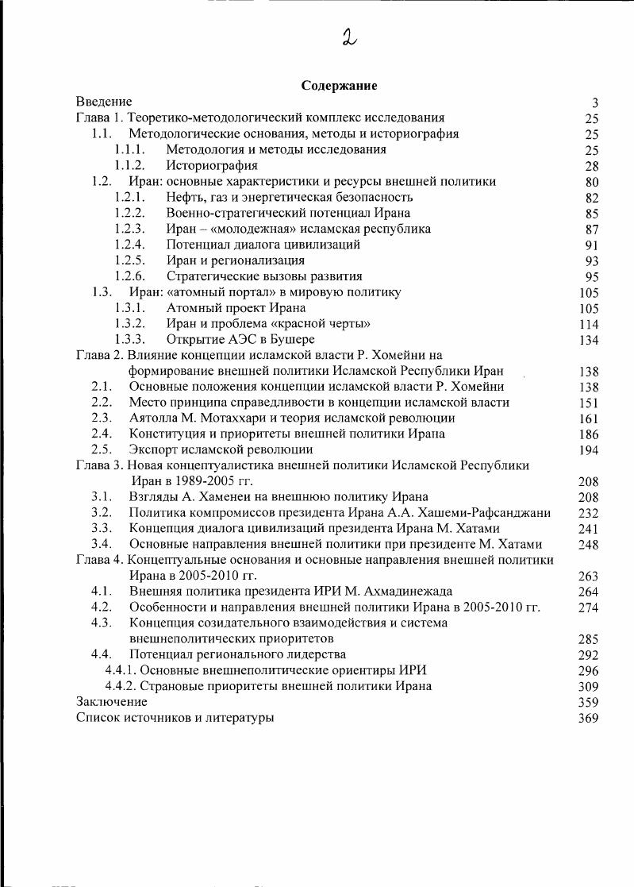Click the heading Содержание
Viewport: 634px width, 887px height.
339,86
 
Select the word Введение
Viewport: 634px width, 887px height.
104,102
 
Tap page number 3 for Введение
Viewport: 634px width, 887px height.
594,102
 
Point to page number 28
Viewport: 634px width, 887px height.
591,166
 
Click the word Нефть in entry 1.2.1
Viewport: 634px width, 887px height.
184,197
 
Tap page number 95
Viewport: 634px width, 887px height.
591,276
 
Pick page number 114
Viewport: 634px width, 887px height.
589,324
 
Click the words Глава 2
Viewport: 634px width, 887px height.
98,355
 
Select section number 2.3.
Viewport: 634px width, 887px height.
101,418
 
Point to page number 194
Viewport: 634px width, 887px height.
589,449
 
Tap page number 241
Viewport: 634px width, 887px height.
589,529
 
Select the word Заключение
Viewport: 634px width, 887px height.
112,701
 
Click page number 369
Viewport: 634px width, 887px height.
589,718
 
